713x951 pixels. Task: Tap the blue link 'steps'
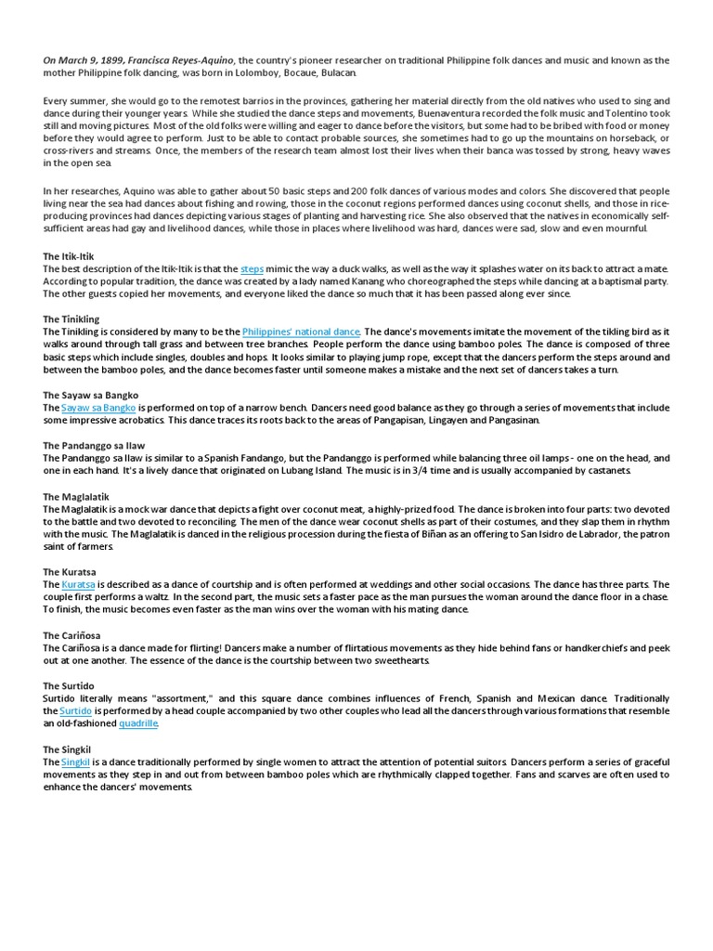[253, 268]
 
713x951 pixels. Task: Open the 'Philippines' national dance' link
[301, 332]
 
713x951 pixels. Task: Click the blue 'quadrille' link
[138, 723]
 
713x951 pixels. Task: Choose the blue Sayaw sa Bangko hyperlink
[98, 408]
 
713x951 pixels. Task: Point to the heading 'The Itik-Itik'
[69, 255]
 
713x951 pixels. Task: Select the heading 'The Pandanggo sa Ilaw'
[93, 446]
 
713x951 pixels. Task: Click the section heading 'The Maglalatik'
[76, 497]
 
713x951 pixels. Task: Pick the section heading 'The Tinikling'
[71, 319]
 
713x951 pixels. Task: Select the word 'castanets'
[605, 471]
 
